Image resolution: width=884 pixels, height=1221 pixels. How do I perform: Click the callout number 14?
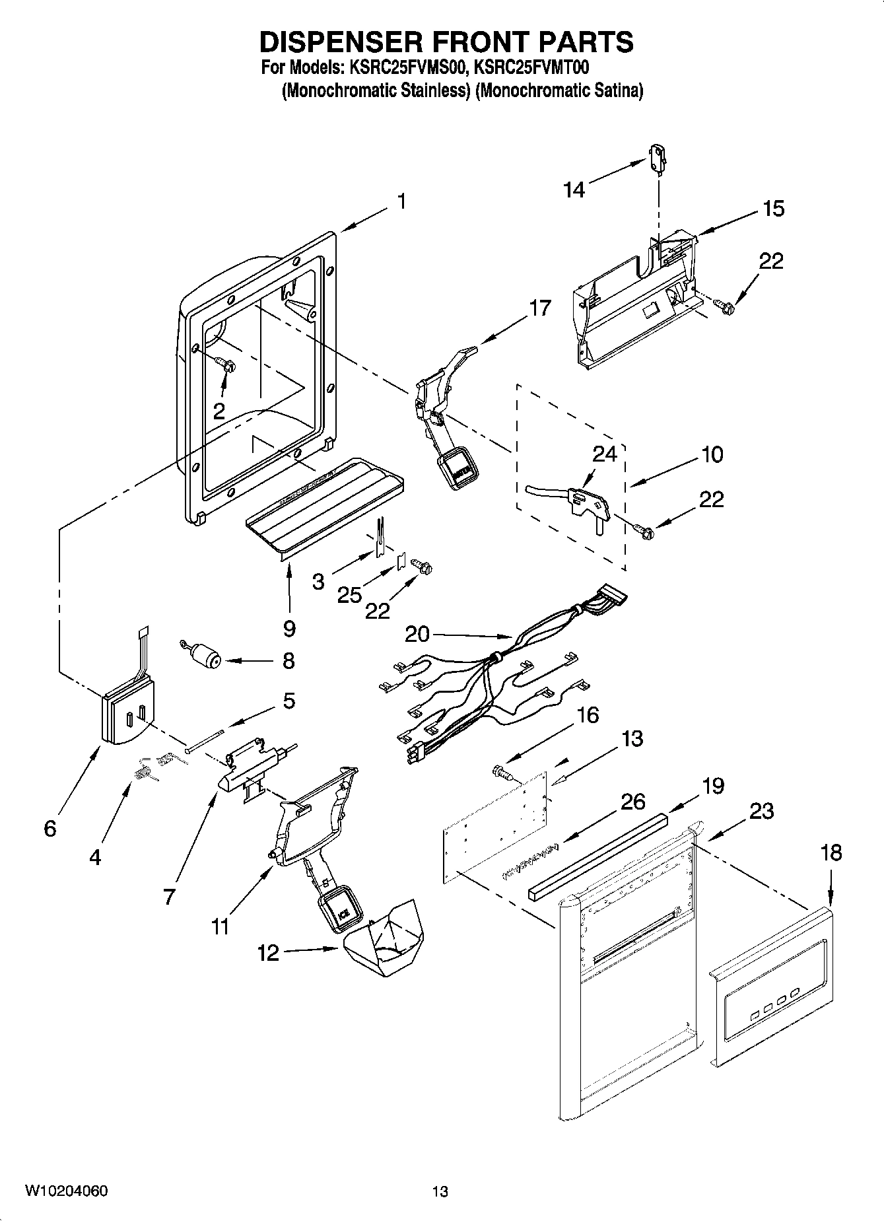(x=574, y=190)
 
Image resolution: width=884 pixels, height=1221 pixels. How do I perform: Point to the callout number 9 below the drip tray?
(x=289, y=628)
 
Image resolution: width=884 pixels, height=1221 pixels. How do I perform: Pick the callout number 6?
(x=50, y=828)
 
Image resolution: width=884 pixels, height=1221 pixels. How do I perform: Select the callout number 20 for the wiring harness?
(x=417, y=635)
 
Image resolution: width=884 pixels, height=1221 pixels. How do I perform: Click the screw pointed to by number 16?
(x=501, y=771)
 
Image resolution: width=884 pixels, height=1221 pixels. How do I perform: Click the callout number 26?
(x=633, y=802)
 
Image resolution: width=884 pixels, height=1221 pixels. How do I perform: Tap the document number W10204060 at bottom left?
(x=67, y=1191)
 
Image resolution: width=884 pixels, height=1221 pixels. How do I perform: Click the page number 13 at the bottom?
(x=440, y=1191)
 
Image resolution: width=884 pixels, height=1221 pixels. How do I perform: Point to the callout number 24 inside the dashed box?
(x=604, y=454)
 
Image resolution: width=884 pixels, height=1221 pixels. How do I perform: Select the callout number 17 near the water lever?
(x=539, y=308)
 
